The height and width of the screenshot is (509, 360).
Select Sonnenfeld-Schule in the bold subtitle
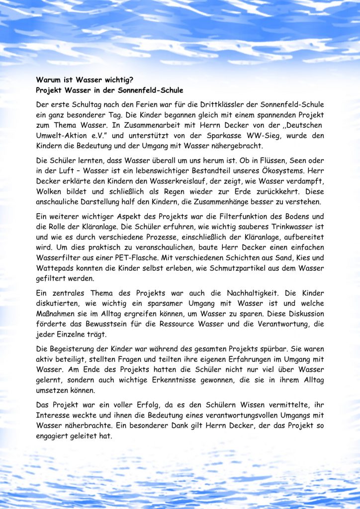[149, 90]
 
